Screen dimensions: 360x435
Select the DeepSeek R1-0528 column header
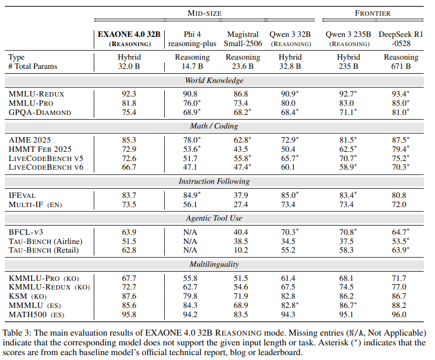401,38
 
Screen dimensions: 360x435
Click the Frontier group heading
373,13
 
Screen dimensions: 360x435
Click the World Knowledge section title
213,81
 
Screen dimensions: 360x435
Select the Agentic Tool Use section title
213,218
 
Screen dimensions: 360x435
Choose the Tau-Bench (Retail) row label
43,249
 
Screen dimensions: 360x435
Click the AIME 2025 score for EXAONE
129,139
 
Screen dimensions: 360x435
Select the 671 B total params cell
401,67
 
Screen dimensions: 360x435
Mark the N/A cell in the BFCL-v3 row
191,231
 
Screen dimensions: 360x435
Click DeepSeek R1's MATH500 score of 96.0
401,314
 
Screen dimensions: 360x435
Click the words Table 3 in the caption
18,332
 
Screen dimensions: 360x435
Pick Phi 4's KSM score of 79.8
191,295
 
